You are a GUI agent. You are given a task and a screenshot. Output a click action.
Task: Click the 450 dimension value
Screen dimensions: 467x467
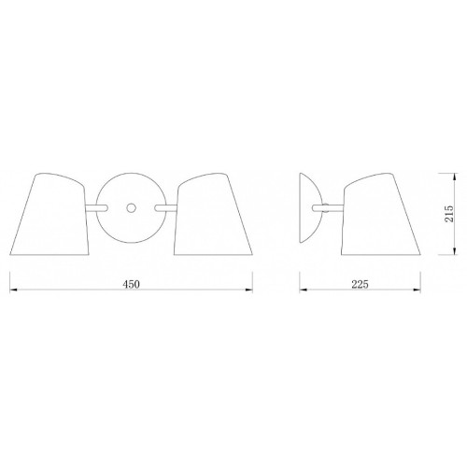pyautogui.click(x=131, y=284)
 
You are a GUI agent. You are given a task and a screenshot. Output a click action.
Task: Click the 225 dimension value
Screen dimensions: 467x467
pyautogui.click(x=360, y=284)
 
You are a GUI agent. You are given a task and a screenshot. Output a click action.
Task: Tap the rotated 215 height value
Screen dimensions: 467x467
pyautogui.click(x=449, y=214)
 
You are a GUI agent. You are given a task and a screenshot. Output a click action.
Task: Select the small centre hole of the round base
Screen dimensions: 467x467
pyautogui.click(x=131, y=207)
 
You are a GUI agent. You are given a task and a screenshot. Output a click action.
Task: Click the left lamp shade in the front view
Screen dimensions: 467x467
pyautogui.click(x=50, y=214)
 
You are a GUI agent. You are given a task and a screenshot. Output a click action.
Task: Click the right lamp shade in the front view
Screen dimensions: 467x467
pyautogui.click(x=213, y=214)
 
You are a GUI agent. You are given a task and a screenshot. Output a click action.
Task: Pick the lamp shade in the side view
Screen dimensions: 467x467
pyautogui.click(x=381, y=214)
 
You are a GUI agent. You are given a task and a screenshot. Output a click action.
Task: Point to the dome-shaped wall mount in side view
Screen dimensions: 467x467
pyautogui.click(x=310, y=208)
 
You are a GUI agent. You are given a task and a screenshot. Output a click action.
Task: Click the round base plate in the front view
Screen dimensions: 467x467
pyautogui.click(x=131, y=208)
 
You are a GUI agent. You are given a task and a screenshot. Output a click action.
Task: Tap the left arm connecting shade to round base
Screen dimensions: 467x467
pyautogui.click(x=96, y=208)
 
